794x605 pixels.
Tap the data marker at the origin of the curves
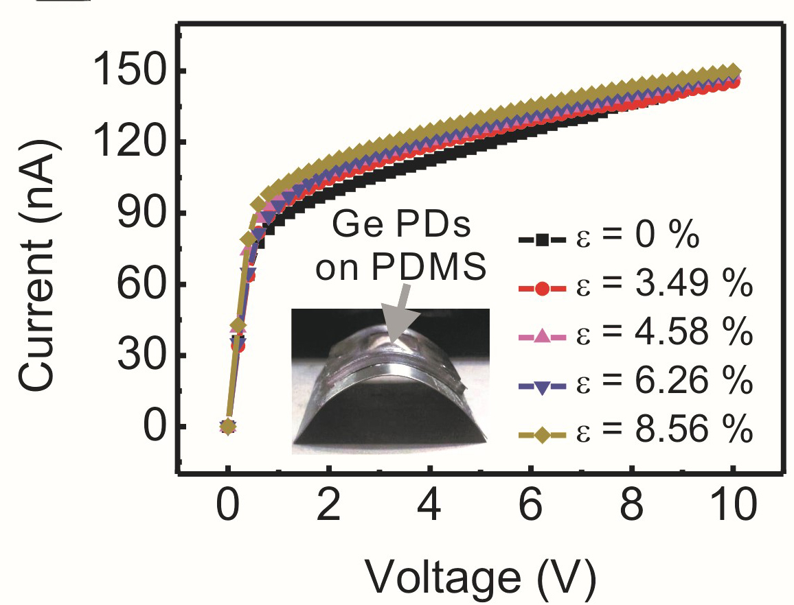[x=228, y=427]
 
